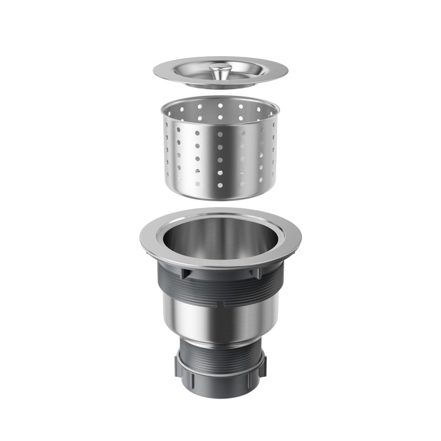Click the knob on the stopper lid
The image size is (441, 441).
pyautogui.click(x=220, y=69)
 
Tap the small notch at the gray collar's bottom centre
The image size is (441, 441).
pyautogui.click(x=220, y=303)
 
